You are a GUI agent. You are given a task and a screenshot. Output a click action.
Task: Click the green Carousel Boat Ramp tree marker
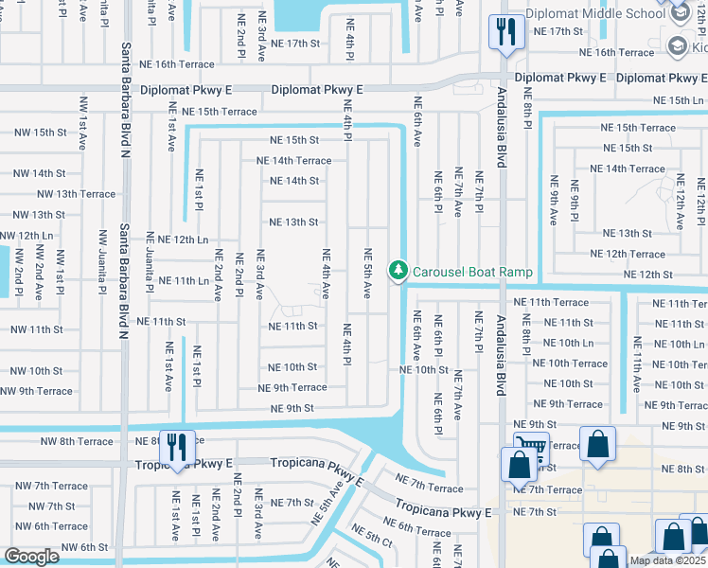pyautogui.click(x=399, y=272)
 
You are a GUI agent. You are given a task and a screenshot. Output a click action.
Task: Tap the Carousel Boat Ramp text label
pyautogui.click(x=472, y=272)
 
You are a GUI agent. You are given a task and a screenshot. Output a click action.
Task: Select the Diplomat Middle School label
pyautogui.click(x=598, y=13)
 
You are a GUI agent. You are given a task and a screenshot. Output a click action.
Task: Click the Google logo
pyautogui.click(x=31, y=557)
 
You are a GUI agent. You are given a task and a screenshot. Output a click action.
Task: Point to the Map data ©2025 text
pyautogui.click(x=668, y=560)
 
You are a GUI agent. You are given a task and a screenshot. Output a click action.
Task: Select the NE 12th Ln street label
pyautogui.click(x=183, y=240)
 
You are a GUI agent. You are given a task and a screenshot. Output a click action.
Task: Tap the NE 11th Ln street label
pyautogui.click(x=184, y=281)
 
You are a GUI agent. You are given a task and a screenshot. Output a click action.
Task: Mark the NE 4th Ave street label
pyautogui.click(x=326, y=275)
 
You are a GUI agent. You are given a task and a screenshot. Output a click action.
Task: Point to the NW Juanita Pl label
pyautogui.click(x=103, y=256)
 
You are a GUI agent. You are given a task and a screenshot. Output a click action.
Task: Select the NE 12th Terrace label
pyautogui.click(x=628, y=254)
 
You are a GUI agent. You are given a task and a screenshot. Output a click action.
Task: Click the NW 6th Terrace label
pyautogui.click(x=51, y=526)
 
